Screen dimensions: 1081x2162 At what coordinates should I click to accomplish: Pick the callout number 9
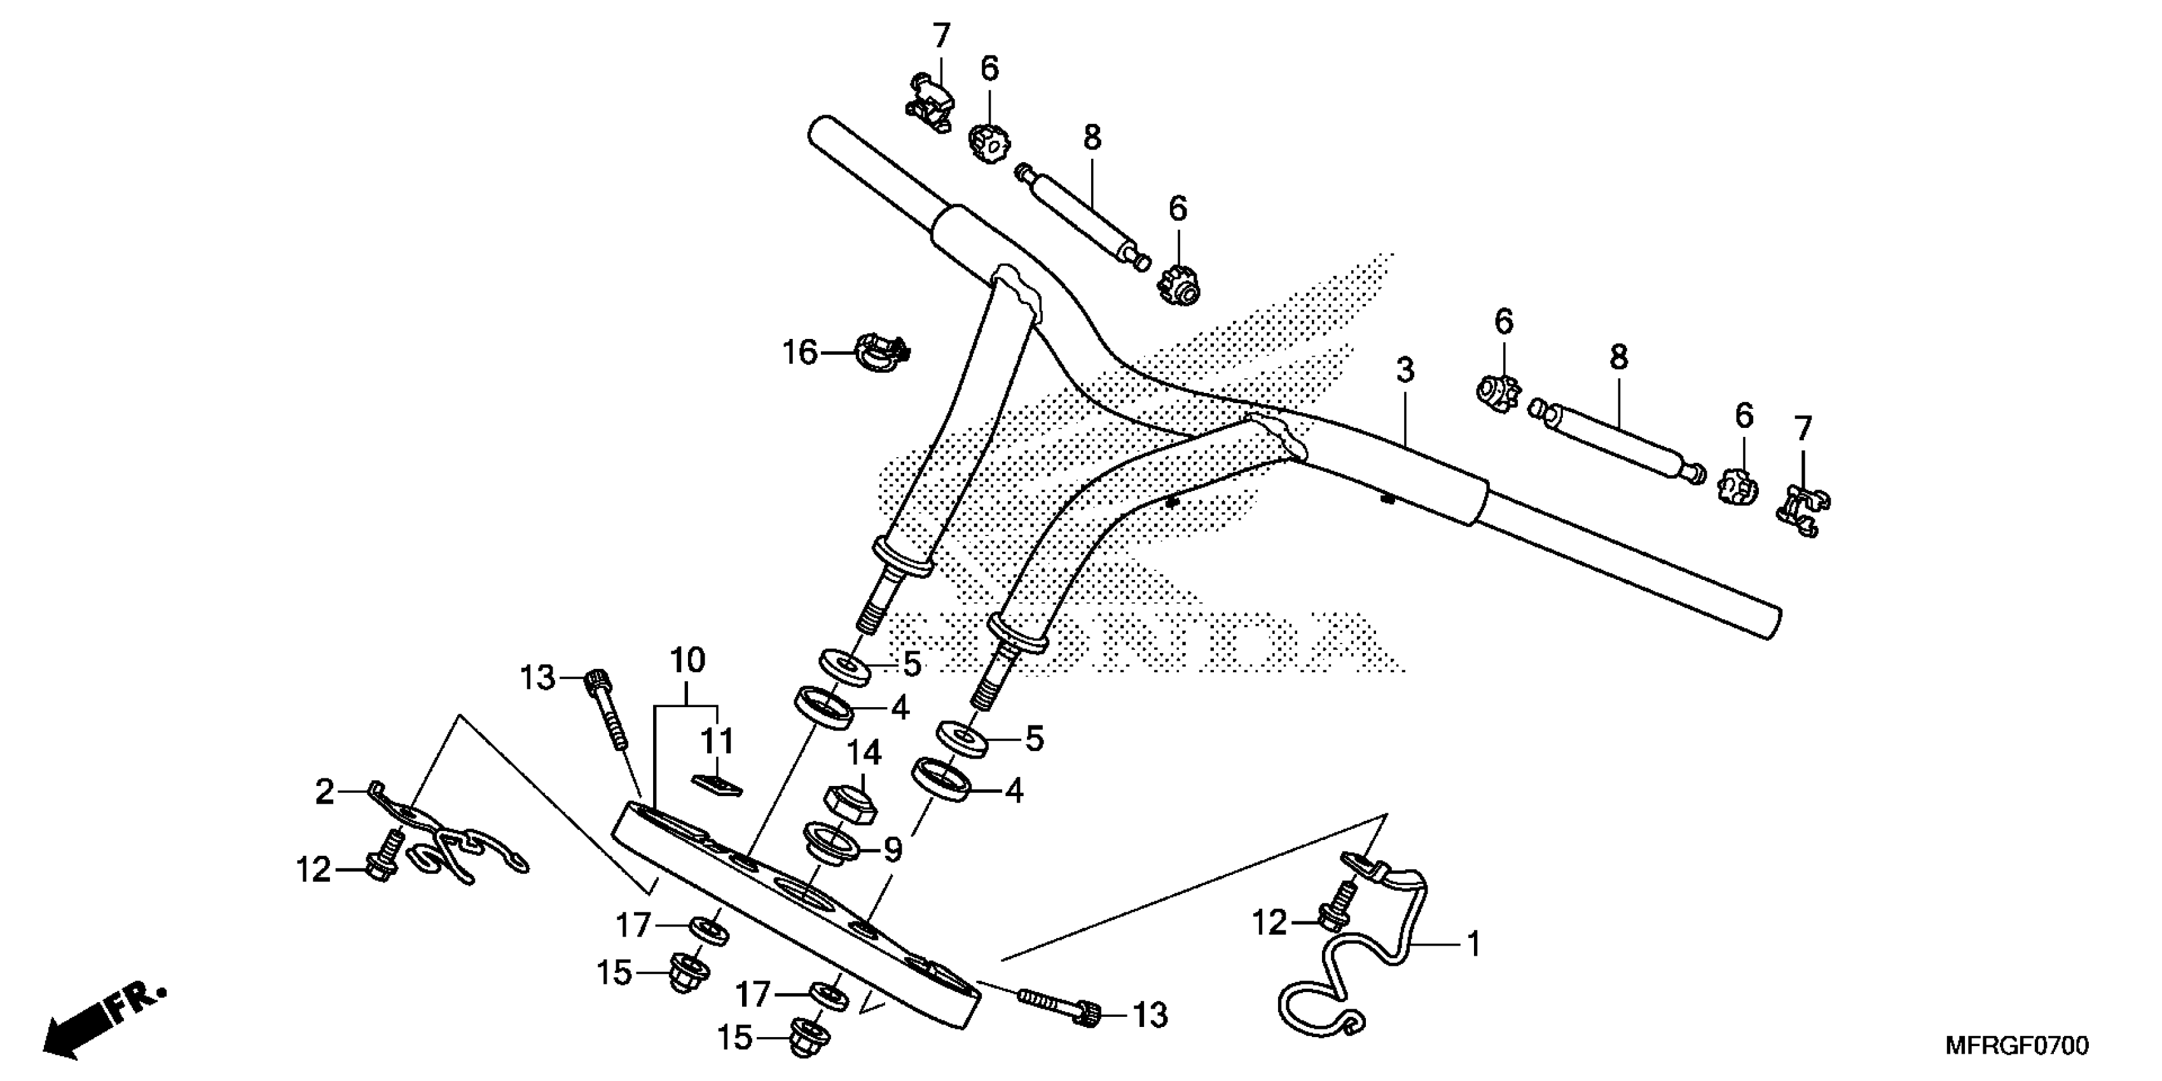892,850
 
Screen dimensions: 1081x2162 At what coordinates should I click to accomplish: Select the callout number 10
687,661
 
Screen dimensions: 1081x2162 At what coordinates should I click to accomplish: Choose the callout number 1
1475,944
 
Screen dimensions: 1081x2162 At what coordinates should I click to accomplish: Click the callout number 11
717,741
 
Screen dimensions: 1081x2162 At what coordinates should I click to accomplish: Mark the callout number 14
864,753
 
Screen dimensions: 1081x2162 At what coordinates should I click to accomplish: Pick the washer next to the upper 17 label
709,930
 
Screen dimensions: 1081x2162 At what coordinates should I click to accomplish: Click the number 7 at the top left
942,36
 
